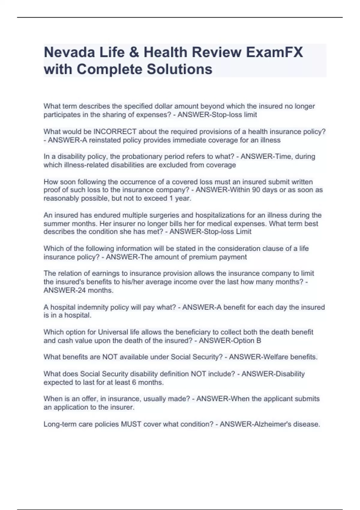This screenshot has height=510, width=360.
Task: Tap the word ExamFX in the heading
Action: point(274,52)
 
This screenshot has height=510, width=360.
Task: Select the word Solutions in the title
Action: point(179,69)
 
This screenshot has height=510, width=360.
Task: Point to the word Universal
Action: point(113,332)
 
